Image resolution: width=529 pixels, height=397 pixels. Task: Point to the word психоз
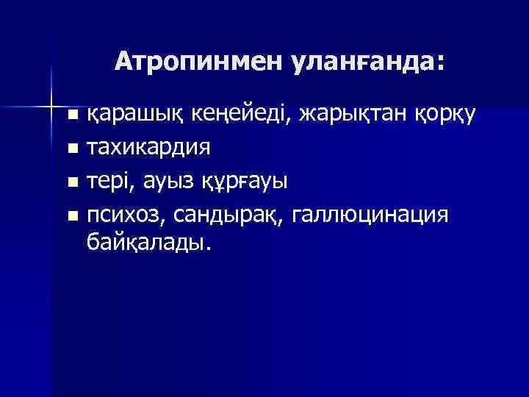coord(126,214)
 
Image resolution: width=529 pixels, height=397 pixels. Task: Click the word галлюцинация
coord(370,214)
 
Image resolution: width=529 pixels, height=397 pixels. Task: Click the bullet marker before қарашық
coord(72,115)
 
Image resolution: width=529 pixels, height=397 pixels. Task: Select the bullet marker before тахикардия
coord(72,149)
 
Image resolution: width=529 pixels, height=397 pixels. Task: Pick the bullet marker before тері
coord(72,182)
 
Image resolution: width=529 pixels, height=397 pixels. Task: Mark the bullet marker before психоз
coord(72,215)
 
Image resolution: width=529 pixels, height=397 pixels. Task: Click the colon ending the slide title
coord(439,65)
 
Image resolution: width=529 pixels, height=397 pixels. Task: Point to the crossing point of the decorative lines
coord(52,105)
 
